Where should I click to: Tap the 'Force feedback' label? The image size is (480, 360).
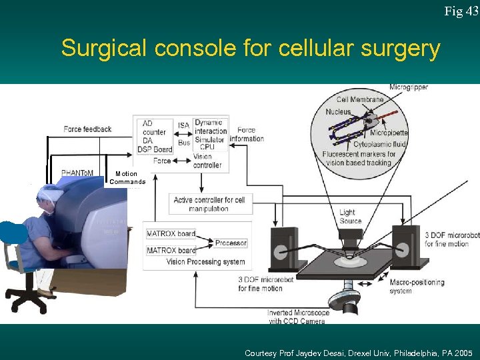pos(87,129)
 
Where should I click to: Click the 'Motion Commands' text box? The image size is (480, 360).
pos(127,178)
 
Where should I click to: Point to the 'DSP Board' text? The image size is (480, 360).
pos(155,149)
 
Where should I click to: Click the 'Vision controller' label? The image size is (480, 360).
pos(207,161)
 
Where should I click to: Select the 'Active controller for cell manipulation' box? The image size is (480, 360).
pos(209,204)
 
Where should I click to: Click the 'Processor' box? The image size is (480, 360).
pos(231,243)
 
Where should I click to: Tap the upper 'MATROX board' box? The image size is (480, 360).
pos(171,233)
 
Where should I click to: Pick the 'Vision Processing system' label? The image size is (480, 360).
pos(206,262)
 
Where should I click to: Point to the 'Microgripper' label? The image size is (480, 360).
pos(409,87)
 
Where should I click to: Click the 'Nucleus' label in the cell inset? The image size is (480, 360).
pos(338,111)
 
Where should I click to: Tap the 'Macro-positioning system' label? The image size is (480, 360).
pos(417,286)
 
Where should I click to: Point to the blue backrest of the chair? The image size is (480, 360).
pos(13,234)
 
